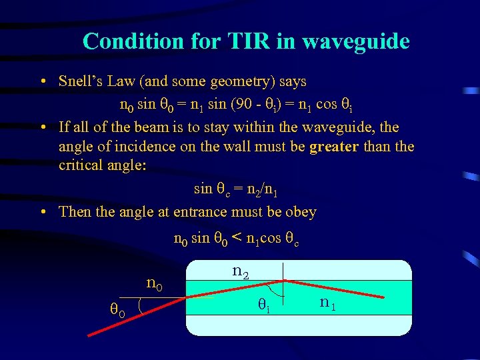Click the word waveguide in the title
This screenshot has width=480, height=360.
pyautogui.click(x=355, y=41)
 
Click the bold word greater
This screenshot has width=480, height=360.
pyautogui.click(x=335, y=146)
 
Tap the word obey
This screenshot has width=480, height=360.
pyautogui.click(x=301, y=212)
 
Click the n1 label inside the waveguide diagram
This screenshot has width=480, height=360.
pyautogui.click(x=327, y=303)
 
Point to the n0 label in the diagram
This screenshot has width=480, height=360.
pyautogui.click(x=154, y=285)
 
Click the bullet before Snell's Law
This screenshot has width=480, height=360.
pyautogui.click(x=43, y=83)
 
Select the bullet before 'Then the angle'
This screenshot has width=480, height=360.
pyautogui.click(x=43, y=213)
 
